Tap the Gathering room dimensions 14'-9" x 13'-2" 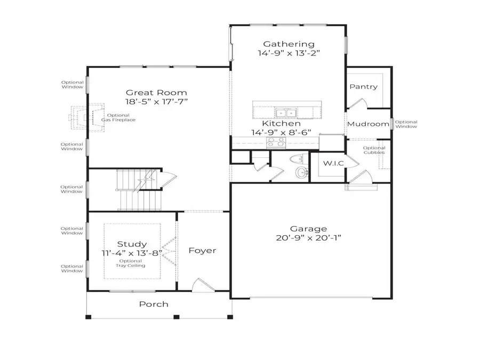289,53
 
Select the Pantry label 363,86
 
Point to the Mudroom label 368,124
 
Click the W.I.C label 333,163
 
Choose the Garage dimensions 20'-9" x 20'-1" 309,238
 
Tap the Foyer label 203,250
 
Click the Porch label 154,304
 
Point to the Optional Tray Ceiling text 132,263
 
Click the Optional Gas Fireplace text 118,118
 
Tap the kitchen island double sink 285,113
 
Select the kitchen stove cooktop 276,142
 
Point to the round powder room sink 301,172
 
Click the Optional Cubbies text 374,150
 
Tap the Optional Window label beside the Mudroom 406,124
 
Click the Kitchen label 281,123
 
